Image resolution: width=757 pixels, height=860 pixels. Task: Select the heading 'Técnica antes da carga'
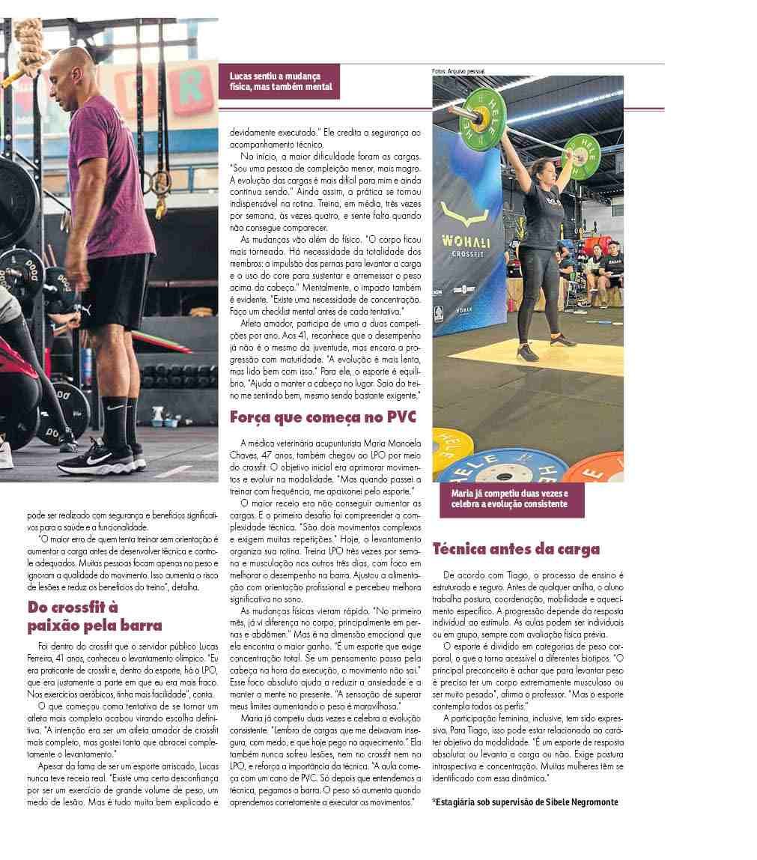[x=516, y=548]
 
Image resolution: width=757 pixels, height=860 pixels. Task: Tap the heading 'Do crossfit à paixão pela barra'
[x=94, y=615]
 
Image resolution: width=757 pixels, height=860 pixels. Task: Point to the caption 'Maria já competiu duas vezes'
[x=510, y=499]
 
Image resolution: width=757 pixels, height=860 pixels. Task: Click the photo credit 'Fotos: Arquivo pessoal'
[x=458, y=71]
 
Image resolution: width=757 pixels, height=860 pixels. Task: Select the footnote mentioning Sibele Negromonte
[x=526, y=802]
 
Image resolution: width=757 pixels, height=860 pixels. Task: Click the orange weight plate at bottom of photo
[x=595, y=464]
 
